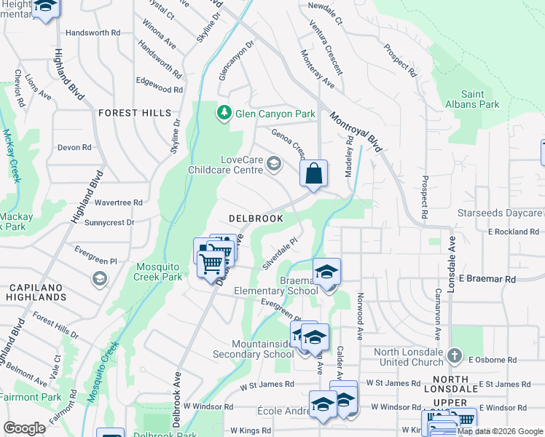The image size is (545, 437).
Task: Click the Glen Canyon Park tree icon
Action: click(224, 114)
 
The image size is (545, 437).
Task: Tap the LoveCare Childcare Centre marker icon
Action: click(274, 163)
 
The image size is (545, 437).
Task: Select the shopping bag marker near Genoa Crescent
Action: click(314, 174)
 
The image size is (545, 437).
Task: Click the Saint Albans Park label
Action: click(473, 99)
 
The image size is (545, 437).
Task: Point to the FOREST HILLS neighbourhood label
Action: click(135, 113)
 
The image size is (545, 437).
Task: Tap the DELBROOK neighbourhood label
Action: click(256, 218)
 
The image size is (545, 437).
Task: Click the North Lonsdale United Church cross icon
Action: click(455, 355)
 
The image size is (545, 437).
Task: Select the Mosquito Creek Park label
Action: click(158, 272)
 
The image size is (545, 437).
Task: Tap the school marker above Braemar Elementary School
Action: click(327, 272)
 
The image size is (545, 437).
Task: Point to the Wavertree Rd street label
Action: click(118, 202)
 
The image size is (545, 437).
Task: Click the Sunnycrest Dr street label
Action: click(109, 222)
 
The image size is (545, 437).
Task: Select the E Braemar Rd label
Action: click(491, 279)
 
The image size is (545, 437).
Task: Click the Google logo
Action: click(24, 428)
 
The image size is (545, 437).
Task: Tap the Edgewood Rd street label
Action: click(158, 89)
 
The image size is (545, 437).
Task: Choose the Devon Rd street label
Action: click(74, 147)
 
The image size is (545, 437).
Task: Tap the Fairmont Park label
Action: click(31, 398)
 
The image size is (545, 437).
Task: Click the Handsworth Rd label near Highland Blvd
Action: click(93, 33)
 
